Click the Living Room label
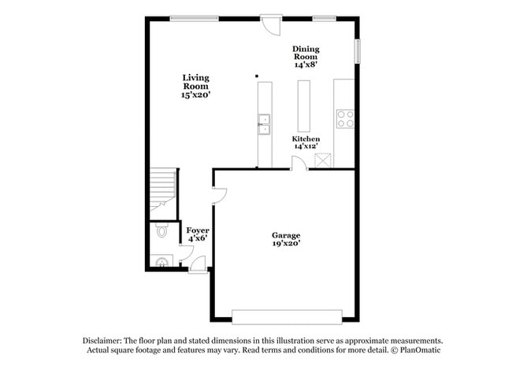click(x=196, y=86)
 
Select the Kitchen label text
click(x=306, y=142)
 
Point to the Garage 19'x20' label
click(x=286, y=239)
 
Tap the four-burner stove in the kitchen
click(x=345, y=118)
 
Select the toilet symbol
click(x=162, y=230)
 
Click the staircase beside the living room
click(x=163, y=189)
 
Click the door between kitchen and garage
click(x=299, y=163)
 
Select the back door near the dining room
click(x=271, y=24)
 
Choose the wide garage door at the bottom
click(x=286, y=317)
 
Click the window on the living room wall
click(x=194, y=18)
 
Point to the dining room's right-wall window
click(x=357, y=51)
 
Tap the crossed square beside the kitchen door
click(x=322, y=160)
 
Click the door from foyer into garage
click(x=220, y=194)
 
